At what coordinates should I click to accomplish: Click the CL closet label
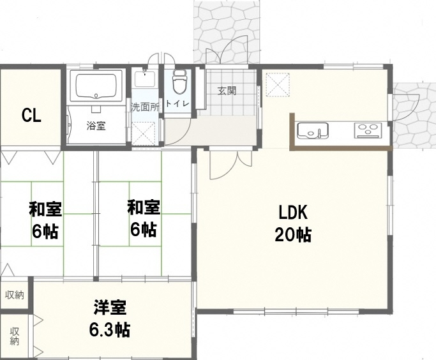click(31, 116)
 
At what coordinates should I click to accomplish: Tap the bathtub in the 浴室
click(96, 86)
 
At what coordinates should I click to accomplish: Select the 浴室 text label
click(96, 126)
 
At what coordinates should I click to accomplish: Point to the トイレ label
click(177, 104)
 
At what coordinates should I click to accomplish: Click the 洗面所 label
click(145, 107)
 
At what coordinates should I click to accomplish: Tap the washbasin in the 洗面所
click(145, 79)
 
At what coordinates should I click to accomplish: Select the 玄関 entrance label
click(227, 91)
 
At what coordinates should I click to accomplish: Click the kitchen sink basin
click(313, 130)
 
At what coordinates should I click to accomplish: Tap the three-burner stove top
click(368, 130)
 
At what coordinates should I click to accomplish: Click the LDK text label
click(293, 213)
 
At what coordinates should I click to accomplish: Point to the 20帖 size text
click(293, 235)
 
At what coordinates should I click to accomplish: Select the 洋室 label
click(110, 307)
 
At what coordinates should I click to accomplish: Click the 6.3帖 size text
click(110, 330)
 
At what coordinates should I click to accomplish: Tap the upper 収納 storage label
click(15, 295)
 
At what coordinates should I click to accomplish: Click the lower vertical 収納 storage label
click(15, 336)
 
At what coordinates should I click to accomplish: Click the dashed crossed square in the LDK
click(278, 85)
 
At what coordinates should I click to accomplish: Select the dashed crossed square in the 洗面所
click(144, 133)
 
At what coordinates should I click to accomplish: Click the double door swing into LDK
click(231, 165)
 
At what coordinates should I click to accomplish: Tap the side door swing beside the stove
click(406, 107)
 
